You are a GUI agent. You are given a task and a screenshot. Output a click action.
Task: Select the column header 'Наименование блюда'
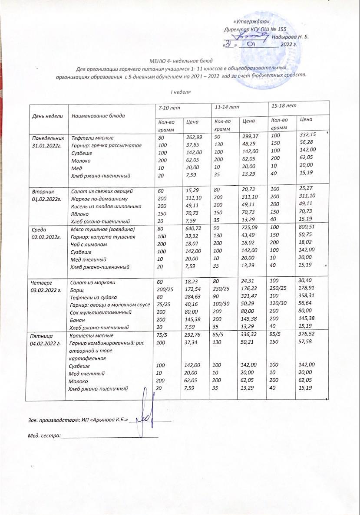(x=98, y=116)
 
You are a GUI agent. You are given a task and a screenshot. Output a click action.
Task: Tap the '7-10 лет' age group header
(x=168, y=107)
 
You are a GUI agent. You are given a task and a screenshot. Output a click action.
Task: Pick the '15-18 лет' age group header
(x=281, y=106)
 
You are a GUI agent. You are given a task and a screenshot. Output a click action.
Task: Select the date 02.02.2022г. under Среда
(x=48, y=237)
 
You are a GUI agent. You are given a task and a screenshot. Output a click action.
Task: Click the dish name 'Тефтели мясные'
(x=92, y=138)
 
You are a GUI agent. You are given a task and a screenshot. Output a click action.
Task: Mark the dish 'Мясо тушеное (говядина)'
(x=103, y=229)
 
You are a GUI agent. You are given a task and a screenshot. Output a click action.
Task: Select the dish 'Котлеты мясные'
(x=92, y=335)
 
